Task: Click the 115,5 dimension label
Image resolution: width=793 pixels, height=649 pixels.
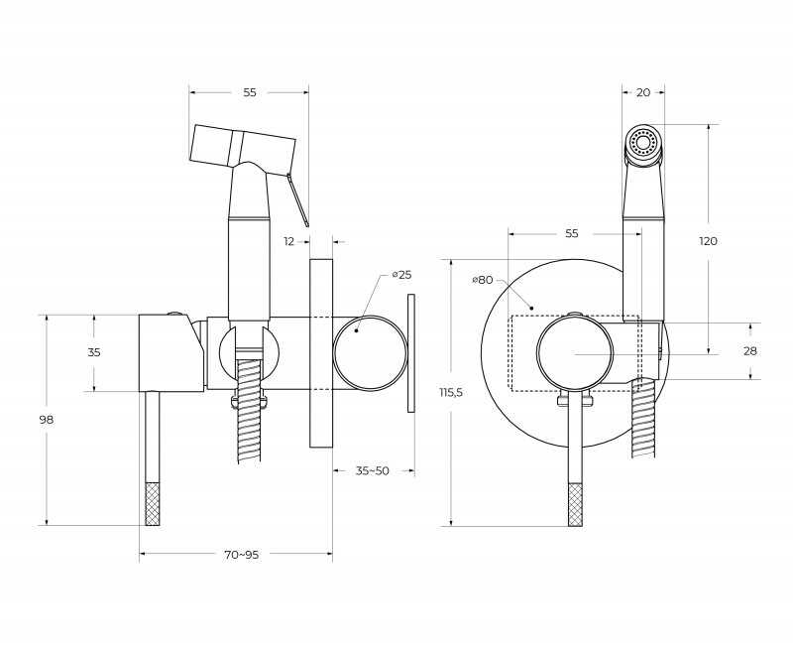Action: point(451,392)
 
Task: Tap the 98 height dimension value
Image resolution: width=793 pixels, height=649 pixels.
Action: point(47,420)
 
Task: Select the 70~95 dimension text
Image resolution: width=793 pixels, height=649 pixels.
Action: point(241,555)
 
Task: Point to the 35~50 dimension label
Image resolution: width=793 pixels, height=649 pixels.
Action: point(373,470)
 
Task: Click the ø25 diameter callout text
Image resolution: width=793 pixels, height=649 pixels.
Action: point(401,275)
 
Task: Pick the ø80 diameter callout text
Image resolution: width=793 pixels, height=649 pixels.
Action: point(482,280)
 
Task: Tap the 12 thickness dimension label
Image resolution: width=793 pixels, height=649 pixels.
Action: point(288,241)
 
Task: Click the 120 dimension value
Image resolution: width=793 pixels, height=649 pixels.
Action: point(708,241)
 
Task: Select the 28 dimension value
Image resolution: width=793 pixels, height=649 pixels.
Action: point(750,351)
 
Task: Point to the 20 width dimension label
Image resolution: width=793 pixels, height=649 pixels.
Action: point(642,92)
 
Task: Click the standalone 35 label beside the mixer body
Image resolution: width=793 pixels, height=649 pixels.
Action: point(94,352)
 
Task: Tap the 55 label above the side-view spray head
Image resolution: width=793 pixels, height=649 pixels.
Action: point(250,92)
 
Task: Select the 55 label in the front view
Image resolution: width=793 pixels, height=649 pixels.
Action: point(572,233)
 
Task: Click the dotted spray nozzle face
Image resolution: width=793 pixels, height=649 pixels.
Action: point(642,141)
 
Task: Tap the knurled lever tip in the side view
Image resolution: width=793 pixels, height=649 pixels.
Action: point(153,505)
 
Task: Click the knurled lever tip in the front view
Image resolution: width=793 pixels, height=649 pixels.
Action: point(575,505)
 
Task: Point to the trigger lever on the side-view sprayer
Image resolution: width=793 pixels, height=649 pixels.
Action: point(297,200)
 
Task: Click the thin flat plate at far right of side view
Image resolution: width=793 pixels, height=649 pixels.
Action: point(410,353)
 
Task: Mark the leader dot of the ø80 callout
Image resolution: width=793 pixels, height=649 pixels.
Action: point(531,307)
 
